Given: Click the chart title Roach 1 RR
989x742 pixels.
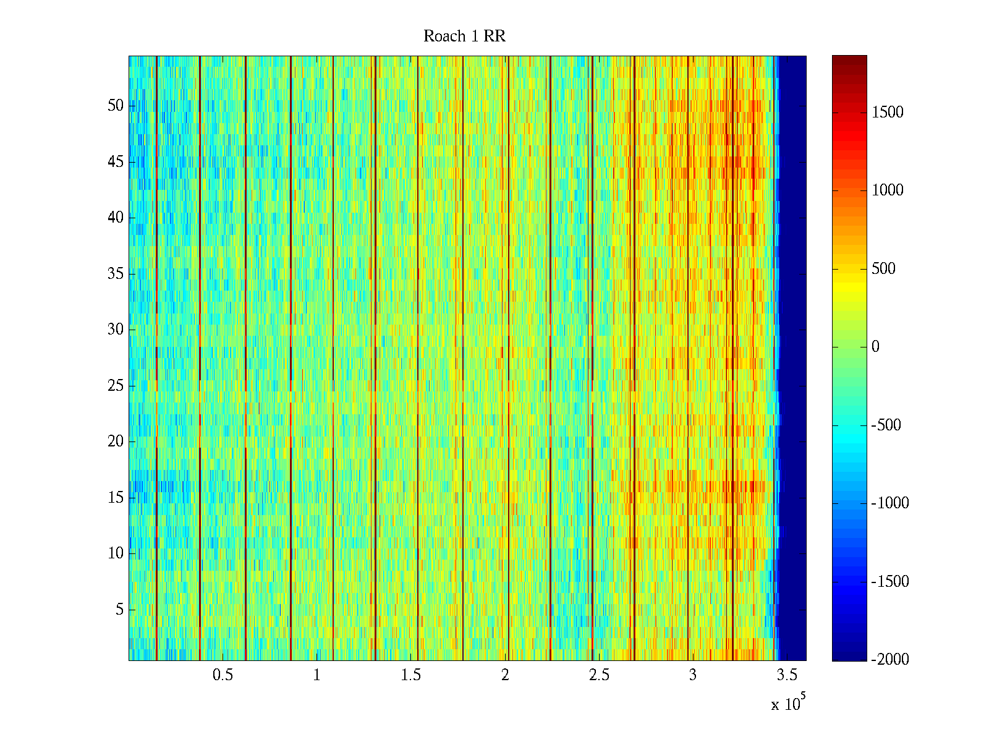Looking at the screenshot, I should pos(464,36).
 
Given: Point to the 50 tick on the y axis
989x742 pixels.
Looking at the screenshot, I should pos(116,106).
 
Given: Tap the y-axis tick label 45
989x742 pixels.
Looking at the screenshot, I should pos(116,162).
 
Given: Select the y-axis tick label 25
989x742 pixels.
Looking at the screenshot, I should pos(116,386).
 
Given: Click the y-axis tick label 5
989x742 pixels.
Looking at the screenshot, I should pos(119,610).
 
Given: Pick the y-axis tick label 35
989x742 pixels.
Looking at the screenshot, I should pos(116,274).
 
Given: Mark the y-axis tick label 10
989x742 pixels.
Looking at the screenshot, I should pos(116,553).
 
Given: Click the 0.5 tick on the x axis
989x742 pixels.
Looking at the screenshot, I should pos(223,675).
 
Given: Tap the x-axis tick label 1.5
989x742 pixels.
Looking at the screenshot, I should pos(411,675).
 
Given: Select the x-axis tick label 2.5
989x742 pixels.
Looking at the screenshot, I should pos(599,675).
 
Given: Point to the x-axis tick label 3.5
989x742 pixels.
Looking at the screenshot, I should pos(787,675).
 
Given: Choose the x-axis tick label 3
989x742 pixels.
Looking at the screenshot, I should pos(693,675).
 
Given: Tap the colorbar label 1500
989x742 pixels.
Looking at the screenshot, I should pos(888,113).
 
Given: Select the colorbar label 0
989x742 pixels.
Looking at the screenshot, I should pos(875,347).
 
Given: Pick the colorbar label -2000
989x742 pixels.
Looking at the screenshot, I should pos(890,660).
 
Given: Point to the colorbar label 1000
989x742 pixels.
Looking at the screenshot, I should pos(888,190).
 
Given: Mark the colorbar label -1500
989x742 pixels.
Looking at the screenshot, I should pos(890,582).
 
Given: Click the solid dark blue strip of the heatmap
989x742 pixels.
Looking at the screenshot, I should pos(793,359).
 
